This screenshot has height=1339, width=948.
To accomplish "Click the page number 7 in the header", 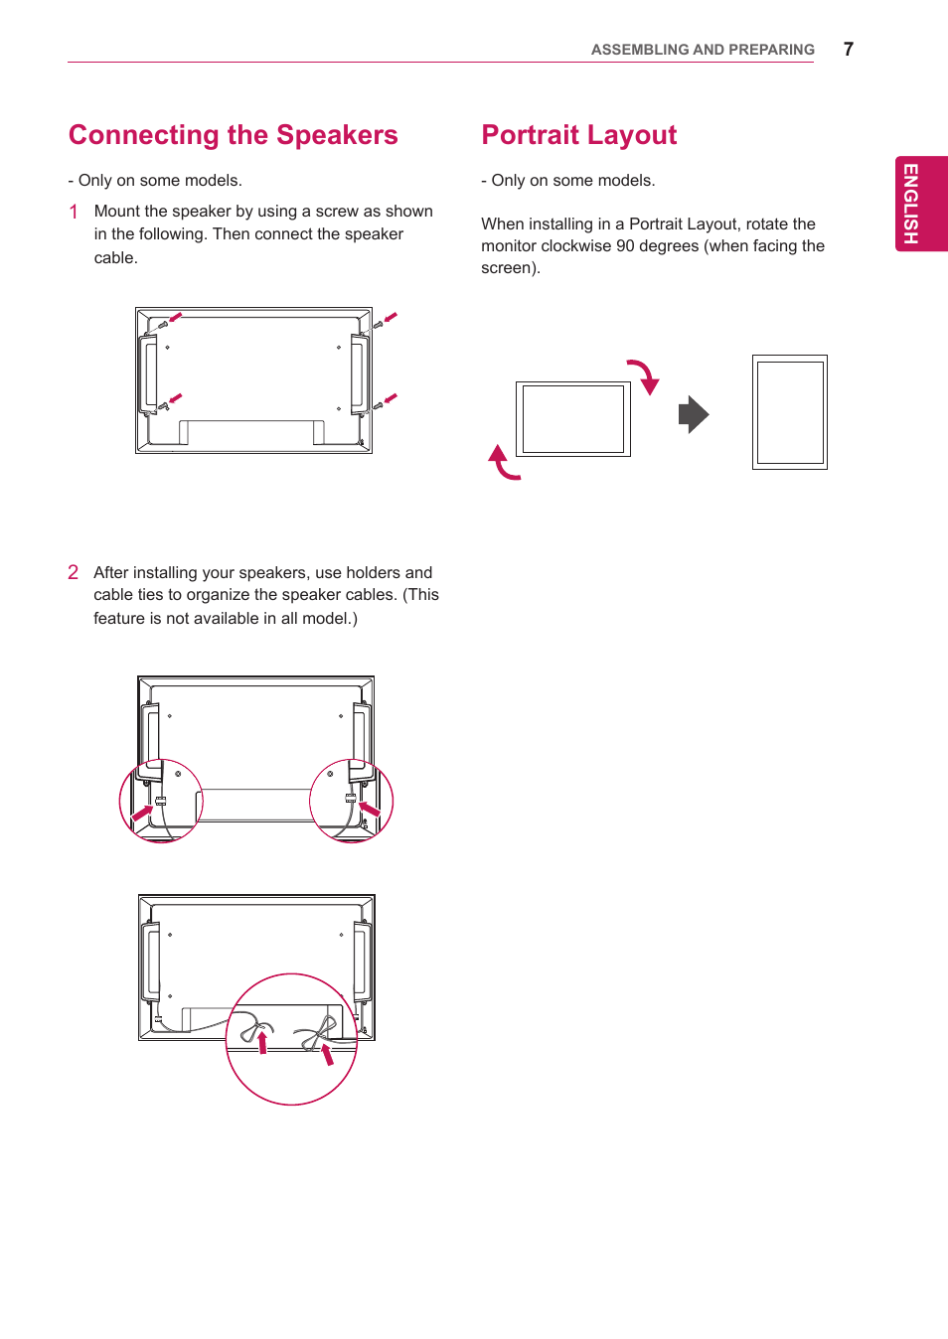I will [x=848, y=49].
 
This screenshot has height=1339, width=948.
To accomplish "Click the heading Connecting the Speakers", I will [x=233, y=135].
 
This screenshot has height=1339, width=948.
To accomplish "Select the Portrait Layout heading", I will [x=578, y=135].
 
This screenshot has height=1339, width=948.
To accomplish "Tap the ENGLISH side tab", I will [x=920, y=204].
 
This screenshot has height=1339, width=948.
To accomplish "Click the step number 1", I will [x=74, y=212].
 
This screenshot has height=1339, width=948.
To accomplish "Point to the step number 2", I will [x=73, y=572].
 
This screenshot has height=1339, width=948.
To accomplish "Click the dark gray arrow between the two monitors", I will [x=694, y=414].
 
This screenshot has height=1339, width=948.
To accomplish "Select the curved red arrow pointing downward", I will [x=644, y=376].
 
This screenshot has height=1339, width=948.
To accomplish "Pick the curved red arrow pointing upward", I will [x=503, y=463].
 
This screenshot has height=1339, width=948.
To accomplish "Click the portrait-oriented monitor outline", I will [x=789, y=412].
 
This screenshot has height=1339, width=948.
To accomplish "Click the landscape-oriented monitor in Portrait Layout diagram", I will [x=572, y=418].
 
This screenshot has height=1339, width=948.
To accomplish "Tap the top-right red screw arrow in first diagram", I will [x=390, y=318].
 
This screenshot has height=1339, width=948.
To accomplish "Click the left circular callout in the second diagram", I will [x=161, y=801].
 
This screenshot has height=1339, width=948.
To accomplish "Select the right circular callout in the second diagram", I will [x=352, y=801].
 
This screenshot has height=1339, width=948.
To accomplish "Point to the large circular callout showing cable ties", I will [x=291, y=1039].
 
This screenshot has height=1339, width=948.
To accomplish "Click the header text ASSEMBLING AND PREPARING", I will [x=702, y=50].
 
